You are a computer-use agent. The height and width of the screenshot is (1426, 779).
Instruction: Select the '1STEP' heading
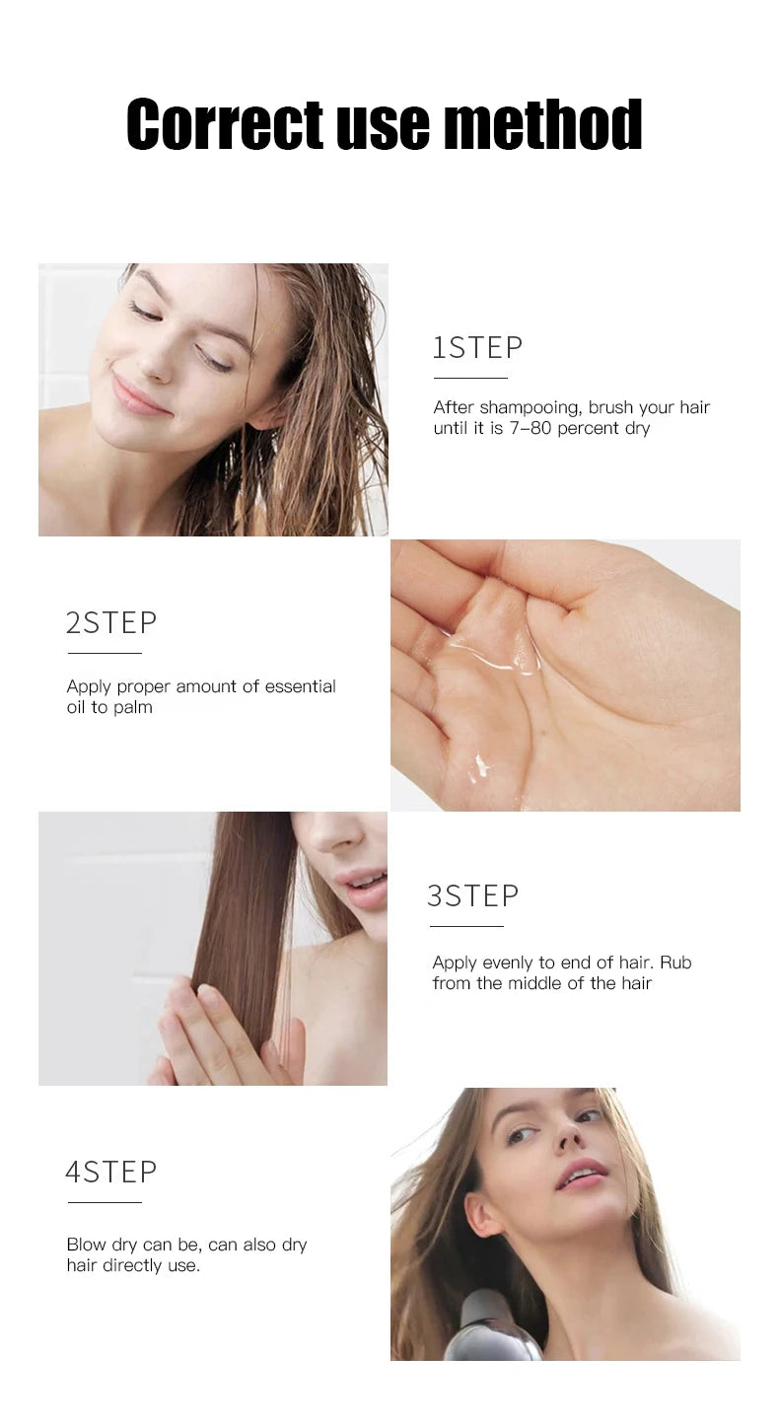coord(478,348)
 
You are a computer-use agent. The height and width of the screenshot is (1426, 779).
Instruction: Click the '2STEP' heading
coord(111,623)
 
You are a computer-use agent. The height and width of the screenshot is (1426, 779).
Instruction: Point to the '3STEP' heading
coord(472,896)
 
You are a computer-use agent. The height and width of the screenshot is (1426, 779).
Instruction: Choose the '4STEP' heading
coord(111,1173)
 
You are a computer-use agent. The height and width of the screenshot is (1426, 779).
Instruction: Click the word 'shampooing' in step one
coord(530,408)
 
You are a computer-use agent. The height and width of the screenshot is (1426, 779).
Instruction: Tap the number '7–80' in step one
coord(528,429)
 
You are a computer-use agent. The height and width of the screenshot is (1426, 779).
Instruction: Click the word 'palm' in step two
coord(133,708)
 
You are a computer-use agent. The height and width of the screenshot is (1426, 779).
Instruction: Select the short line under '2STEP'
coord(105,653)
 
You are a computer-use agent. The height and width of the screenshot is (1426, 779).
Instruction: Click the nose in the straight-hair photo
coord(347,838)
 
